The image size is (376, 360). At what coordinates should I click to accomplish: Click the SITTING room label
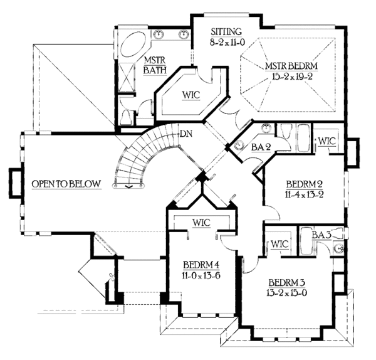pos(226,31)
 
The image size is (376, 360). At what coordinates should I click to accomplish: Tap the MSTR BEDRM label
pos(293,66)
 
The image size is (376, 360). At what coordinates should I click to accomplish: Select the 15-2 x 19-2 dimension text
pos(293,77)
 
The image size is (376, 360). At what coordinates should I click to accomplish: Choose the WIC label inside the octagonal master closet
pos(191,96)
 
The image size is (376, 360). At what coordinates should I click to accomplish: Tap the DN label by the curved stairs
pos(185,134)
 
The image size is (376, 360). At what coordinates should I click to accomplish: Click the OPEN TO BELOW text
pos(66,184)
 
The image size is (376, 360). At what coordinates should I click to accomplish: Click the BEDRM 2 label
pos(305,184)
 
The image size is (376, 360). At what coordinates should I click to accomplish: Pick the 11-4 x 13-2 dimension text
pos(305,195)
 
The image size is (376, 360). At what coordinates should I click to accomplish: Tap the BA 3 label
pos(321,235)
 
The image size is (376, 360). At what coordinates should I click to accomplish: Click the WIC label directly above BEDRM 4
pos(201,222)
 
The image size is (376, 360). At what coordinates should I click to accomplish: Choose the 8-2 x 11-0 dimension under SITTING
pos(226,43)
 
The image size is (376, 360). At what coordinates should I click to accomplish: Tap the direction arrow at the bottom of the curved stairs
pos(128,186)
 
